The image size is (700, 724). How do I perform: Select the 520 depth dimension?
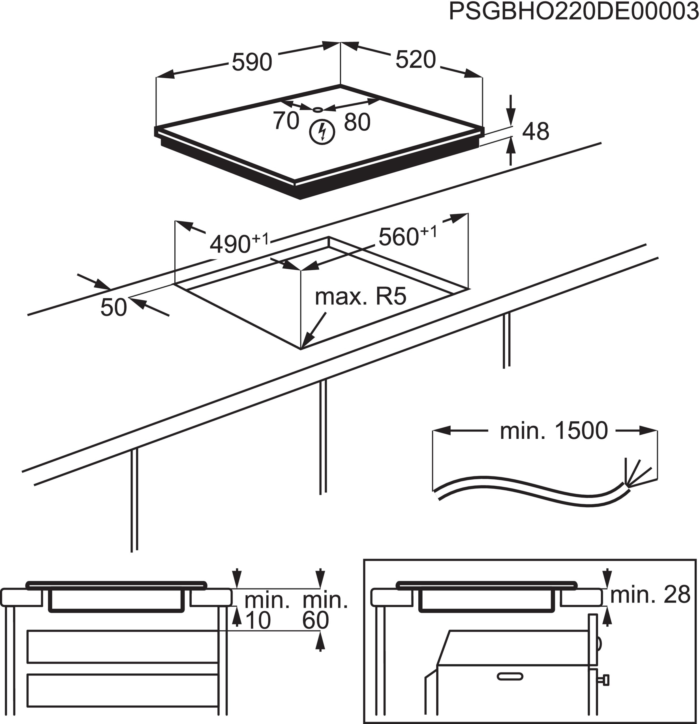pos(416,59)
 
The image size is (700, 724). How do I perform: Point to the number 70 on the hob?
pos(286,120)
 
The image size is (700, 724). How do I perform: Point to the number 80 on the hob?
pos(357,122)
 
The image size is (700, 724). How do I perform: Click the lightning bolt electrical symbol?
pos(322,132)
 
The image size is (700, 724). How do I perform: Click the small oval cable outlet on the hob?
pos(318,110)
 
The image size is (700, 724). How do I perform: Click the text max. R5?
pos(360,296)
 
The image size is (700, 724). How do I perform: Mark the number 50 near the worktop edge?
pos(114,307)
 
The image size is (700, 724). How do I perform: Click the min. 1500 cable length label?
pos(554,431)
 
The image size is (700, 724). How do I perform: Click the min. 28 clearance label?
pos(650,594)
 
